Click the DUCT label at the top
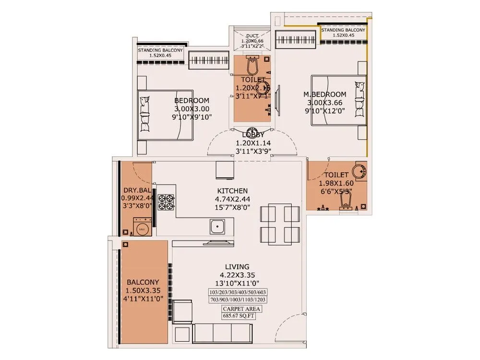[x=252, y=36]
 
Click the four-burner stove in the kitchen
[x=167, y=201]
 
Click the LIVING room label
[x=237, y=267]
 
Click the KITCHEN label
[x=232, y=191]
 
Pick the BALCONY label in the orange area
[x=143, y=283]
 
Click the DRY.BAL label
[x=135, y=191]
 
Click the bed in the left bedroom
[x=165, y=115]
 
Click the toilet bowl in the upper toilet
[x=252, y=63]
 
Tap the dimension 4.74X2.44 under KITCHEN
[x=232, y=199]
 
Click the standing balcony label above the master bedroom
[x=343, y=33]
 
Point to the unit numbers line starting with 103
[x=237, y=292]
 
